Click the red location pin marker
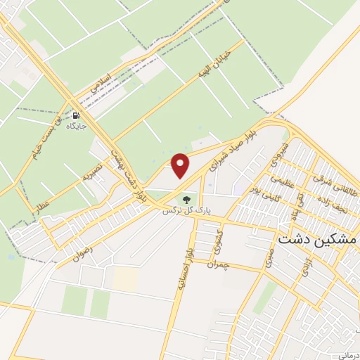[181, 166]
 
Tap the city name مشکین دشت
[317, 239]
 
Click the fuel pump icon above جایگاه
[75, 115]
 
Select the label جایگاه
[75, 127]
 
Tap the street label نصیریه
[92, 171]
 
